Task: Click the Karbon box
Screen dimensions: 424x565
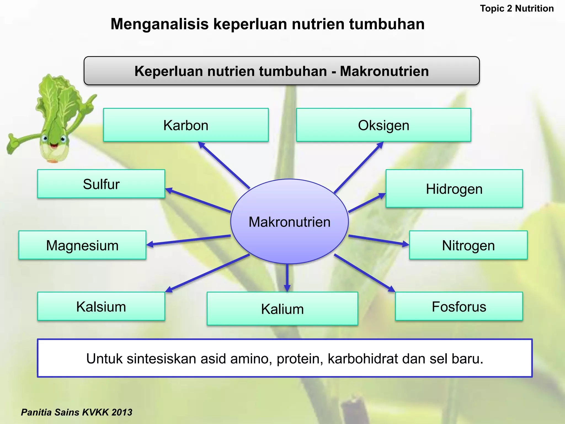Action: point(186,125)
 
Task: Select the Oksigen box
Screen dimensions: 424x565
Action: point(383,125)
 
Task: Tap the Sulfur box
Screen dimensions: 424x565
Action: point(101,184)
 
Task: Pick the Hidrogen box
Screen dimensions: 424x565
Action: point(454,189)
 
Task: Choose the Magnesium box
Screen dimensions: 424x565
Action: point(82,245)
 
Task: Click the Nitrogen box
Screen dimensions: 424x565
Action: point(468,245)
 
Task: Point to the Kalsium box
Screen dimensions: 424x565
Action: point(101,306)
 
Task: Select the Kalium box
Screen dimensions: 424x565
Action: point(282,309)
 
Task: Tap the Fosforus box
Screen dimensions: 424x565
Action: point(459,306)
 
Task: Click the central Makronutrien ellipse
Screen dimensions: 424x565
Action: point(289,222)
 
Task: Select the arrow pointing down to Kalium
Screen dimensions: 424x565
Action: point(287,277)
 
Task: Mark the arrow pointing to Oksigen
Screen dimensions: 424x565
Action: point(359,167)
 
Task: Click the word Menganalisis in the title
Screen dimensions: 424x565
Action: point(159,24)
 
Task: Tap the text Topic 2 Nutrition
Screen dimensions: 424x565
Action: point(517,9)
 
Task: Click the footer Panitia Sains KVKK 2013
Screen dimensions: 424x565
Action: point(76,412)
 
